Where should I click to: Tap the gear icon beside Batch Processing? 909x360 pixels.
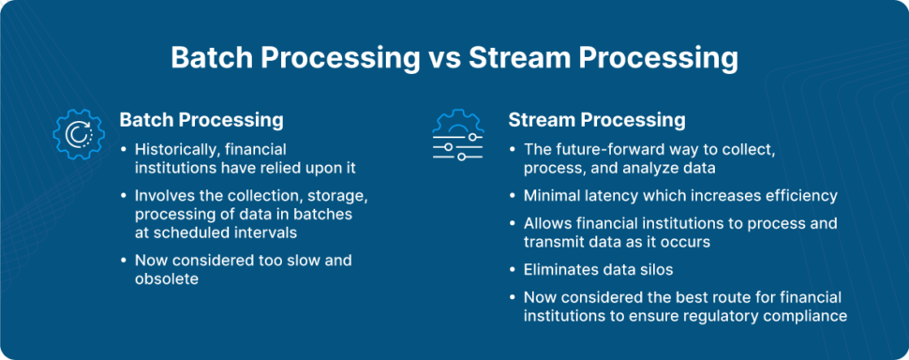pos(79,134)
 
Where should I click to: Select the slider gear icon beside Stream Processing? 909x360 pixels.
pos(457,134)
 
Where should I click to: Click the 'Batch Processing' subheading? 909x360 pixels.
pos(201,120)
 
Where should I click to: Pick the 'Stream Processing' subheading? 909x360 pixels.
pos(597,120)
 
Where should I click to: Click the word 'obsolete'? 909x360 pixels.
pos(167,278)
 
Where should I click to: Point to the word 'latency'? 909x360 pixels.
pos(610,196)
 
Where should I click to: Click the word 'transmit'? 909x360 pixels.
pos(551,242)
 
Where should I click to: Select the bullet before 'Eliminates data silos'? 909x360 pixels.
pos(512,271)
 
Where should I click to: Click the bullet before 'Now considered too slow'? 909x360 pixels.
pos(123,262)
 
